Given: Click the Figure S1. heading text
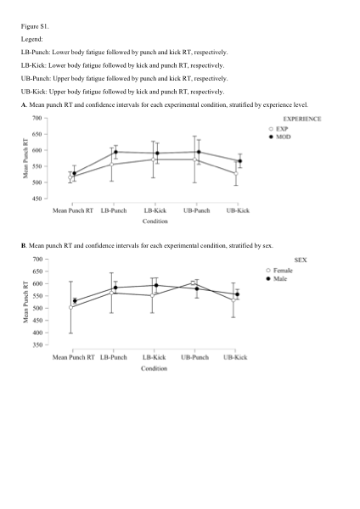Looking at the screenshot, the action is [x=35, y=26].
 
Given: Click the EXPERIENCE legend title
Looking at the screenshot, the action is [x=302, y=119].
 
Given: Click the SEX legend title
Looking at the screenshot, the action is [x=301, y=260].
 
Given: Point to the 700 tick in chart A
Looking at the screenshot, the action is [x=37, y=118].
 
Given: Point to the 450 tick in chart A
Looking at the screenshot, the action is [x=37, y=199].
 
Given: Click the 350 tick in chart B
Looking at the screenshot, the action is [x=37, y=344].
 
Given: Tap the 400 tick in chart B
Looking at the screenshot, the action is [x=37, y=333].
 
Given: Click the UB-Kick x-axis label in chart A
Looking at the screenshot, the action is [x=238, y=210].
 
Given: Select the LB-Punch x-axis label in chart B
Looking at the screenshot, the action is [x=114, y=357].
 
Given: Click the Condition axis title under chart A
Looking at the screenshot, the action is [x=155, y=221].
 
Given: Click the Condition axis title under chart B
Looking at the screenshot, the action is [x=154, y=368].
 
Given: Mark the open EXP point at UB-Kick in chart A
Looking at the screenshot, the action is [x=236, y=173].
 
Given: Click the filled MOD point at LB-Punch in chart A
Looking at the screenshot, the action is [x=115, y=152].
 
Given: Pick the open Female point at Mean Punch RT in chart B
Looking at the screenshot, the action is [x=70, y=307].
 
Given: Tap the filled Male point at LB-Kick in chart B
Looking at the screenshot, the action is [x=156, y=285].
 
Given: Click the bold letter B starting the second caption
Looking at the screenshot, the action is [x=23, y=246].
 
